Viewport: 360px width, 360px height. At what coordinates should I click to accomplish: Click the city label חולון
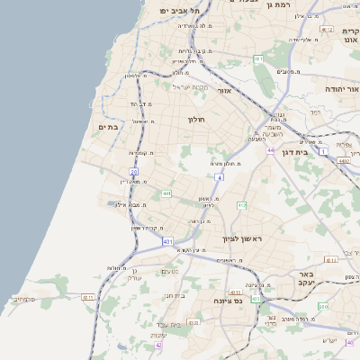(x=196, y=120)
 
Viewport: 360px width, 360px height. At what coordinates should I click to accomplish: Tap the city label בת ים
(x=108, y=127)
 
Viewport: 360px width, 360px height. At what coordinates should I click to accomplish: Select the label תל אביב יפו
(x=178, y=10)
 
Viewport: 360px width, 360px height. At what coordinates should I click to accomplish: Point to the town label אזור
(x=226, y=91)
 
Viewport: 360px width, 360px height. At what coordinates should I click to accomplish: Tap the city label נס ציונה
(x=229, y=301)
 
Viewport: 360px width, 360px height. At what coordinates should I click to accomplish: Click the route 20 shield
(x=134, y=171)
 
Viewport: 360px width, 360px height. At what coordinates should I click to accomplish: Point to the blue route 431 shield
(x=168, y=241)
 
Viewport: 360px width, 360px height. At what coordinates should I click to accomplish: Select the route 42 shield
(x=159, y=344)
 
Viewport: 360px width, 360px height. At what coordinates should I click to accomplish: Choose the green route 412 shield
(x=241, y=205)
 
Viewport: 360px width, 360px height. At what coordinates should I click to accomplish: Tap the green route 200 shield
(x=322, y=307)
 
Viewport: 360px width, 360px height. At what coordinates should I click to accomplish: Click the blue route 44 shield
(x=270, y=150)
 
